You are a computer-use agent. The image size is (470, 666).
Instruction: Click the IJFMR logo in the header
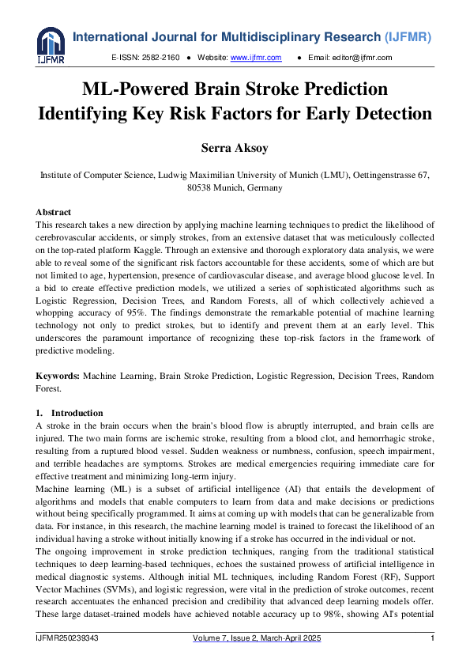(x=51, y=45)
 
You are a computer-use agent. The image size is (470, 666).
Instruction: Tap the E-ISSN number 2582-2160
(x=163, y=58)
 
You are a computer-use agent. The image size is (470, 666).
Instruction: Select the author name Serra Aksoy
(x=235, y=148)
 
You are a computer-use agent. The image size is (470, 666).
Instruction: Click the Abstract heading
(x=54, y=212)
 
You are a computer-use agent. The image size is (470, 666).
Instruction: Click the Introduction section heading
(x=77, y=413)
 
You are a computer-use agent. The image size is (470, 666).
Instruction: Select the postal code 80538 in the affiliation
(x=203, y=188)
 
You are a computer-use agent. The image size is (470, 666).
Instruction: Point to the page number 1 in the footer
(x=432, y=638)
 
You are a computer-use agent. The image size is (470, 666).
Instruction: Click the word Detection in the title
(x=389, y=113)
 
